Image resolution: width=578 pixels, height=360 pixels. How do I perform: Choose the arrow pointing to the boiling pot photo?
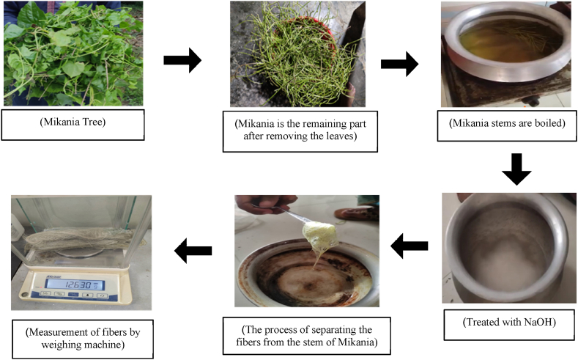point(399,65)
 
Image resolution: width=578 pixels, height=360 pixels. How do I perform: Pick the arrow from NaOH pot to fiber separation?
point(410,247)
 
